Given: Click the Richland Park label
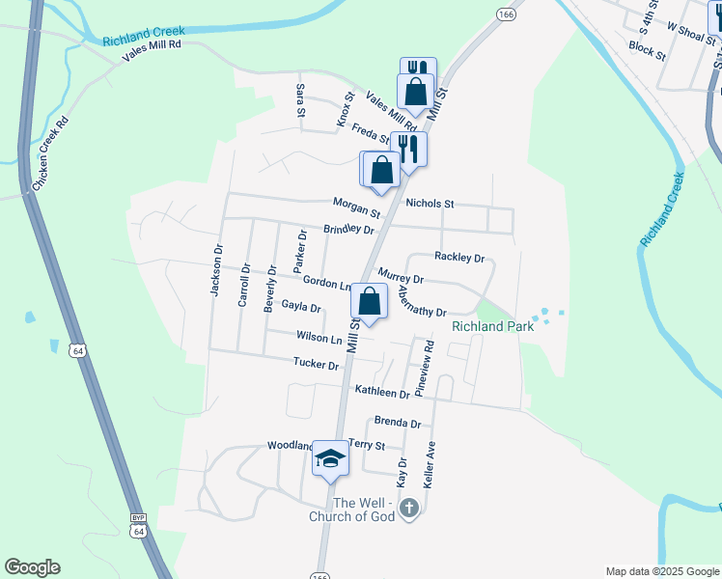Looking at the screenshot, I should click(x=492, y=327).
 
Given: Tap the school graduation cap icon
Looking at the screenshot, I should click(x=330, y=459).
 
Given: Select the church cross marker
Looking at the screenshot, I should click(x=408, y=508).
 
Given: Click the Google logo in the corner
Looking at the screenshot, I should click(x=32, y=567).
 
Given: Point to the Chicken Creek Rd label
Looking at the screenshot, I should click(x=51, y=154).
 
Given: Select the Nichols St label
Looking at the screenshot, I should click(x=430, y=204).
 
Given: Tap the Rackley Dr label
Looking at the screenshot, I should click(x=458, y=258).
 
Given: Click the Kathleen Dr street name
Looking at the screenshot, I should click(x=382, y=393).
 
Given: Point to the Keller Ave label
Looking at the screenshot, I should click(x=430, y=464).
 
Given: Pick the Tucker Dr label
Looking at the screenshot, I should click(x=317, y=365).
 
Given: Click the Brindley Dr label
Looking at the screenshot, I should click(x=348, y=229).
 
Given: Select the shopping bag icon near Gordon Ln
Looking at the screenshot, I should click(x=370, y=303).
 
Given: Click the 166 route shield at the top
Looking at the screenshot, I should click(x=507, y=14).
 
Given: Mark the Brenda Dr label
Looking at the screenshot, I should click(x=398, y=424).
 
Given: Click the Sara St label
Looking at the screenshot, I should click(x=300, y=100).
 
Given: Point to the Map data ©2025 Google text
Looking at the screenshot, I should click(x=663, y=571).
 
